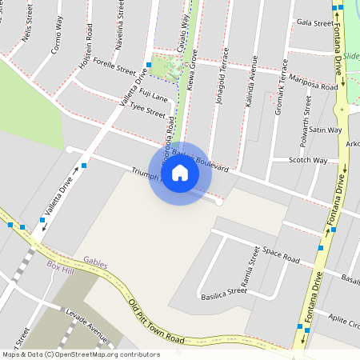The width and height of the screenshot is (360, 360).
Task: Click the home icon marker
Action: (x=180, y=172)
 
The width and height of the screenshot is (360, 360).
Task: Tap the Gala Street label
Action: (x=314, y=23)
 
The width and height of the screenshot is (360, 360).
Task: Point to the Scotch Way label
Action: (x=308, y=160)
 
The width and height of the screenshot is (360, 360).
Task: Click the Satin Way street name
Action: (x=326, y=130)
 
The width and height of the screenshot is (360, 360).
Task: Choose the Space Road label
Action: (x=281, y=256)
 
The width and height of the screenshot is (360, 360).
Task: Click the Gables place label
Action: (x=95, y=260)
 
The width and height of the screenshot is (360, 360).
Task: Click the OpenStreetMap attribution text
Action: (x=80, y=354)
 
